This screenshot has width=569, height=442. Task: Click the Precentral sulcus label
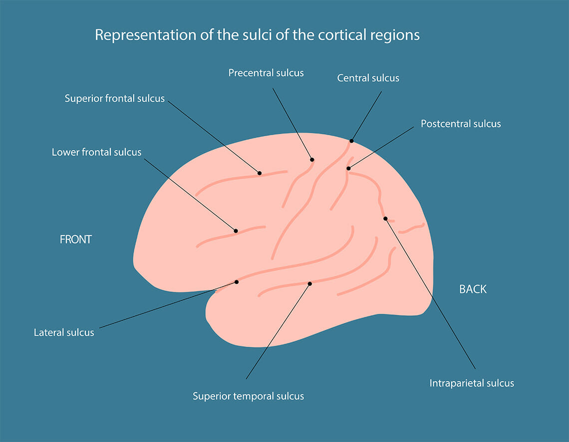coord(266,73)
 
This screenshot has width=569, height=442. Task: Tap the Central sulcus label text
coord(368,78)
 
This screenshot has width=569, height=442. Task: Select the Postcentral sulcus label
coord(460,123)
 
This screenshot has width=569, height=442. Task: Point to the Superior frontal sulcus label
coord(114,98)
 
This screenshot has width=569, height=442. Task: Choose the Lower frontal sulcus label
coord(96,152)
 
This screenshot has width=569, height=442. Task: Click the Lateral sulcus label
coord(64,332)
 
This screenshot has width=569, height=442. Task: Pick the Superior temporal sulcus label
coord(248,396)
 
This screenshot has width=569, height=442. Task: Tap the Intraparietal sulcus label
coord(471,383)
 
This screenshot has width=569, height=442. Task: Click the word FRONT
coord(76,239)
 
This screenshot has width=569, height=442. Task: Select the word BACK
coord(473,289)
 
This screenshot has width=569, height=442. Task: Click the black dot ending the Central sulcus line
coord(351,141)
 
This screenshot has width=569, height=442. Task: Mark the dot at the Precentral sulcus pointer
coord(312,160)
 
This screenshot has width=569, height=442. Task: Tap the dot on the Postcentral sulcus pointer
coord(348,169)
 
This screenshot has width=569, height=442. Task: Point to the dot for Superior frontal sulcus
coord(260,173)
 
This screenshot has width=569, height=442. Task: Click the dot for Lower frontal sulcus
coord(236,231)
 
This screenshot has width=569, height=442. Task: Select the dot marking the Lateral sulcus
coord(237,282)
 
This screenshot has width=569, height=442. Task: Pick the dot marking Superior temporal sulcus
coord(309,284)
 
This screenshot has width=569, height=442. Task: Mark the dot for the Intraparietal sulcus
coord(385,219)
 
